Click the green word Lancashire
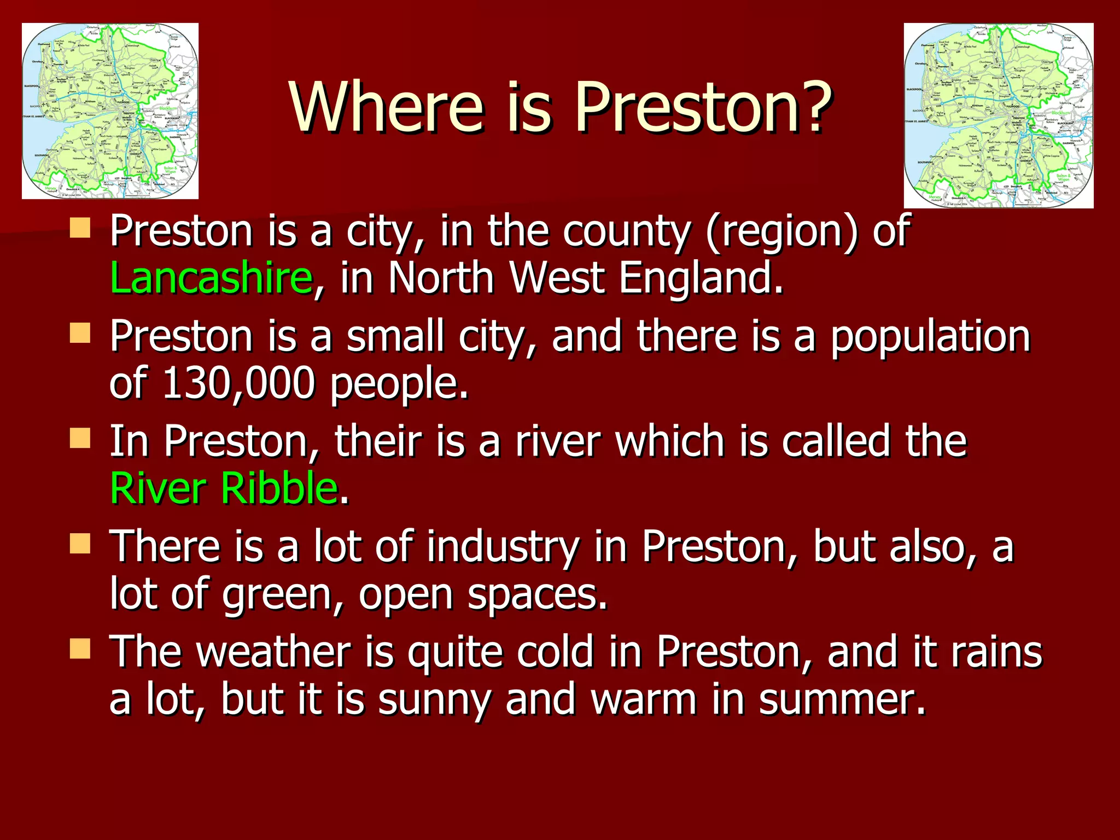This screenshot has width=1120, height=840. pyautogui.click(x=211, y=278)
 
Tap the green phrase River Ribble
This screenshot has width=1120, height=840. pyautogui.click(x=223, y=487)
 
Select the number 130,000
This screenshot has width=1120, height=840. pyautogui.click(x=238, y=383)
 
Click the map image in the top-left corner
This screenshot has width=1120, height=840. pyautogui.click(x=110, y=110)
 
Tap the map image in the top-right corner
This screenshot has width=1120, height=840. pyautogui.click(x=999, y=115)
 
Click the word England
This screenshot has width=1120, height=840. pyautogui.click(x=701, y=278)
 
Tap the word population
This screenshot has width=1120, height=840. pyautogui.click(x=930, y=336)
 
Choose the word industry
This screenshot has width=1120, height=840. pyautogui.click(x=503, y=546)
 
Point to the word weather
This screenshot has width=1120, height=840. pyautogui.click(x=273, y=651)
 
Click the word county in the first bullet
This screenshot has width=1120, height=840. pyautogui.click(x=627, y=231)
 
